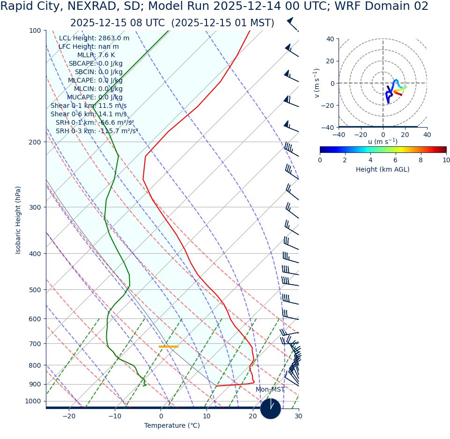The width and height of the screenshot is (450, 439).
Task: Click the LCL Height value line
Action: click(94, 38)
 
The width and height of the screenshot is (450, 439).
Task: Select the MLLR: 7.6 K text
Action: click(96, 55)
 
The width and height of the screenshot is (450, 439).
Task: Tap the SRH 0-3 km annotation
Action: click(97, 131)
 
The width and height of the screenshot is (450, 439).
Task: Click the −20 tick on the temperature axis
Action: click(69, 416)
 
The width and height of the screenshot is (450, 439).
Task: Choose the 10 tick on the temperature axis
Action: click(207, 416)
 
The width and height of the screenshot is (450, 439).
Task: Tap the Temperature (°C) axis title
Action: click(172, 426)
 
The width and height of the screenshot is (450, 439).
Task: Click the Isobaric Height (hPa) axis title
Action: click(18, 220)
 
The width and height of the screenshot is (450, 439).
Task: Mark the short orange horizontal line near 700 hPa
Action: click(169, 347)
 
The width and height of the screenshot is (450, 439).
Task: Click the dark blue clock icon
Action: click(271, 409)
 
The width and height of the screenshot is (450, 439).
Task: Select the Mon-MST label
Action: click(270, 390)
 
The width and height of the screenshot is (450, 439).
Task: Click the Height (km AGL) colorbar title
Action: click(383, 170)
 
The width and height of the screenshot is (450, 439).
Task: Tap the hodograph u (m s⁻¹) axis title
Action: click(383, 142)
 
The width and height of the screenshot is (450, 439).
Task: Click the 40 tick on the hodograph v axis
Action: click(330, 39)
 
